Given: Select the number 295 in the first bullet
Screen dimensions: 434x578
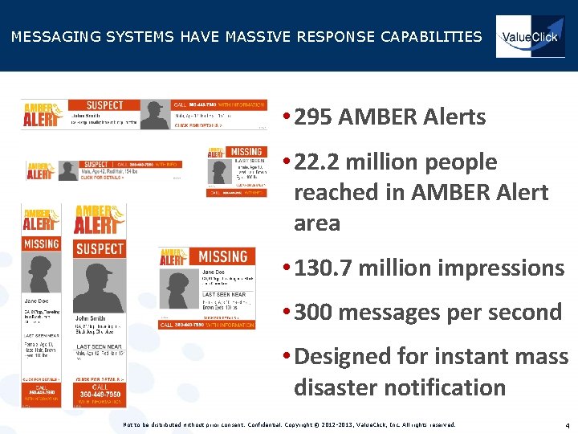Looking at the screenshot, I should (313, 117).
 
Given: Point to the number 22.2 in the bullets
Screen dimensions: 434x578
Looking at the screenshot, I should (320, 162).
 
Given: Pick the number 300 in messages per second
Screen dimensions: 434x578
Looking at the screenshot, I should (313, 312).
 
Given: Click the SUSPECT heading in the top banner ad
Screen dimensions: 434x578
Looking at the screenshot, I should (104, 105).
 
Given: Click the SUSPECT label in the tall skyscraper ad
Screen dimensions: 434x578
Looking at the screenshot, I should (100, 248).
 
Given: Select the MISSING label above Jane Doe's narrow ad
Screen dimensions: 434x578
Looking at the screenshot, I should (41, 243).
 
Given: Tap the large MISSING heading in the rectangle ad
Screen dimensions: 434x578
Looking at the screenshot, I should (222, 257).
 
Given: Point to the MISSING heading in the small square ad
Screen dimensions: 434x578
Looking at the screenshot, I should (246, 152).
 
